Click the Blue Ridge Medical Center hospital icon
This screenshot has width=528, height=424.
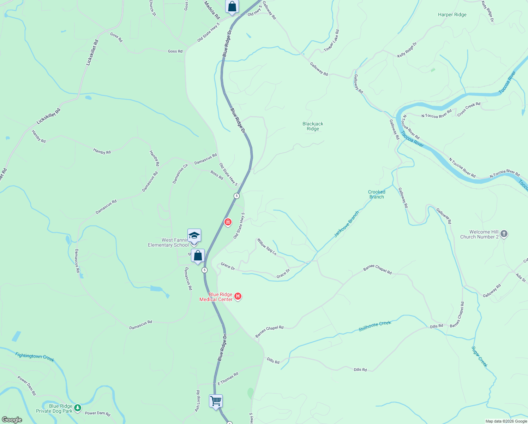pos(238,296)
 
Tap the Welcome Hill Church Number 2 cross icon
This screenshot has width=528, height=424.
pos(504,234)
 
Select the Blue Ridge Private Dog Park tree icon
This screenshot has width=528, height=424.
pos(78,408)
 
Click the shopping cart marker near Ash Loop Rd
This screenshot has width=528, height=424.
pos(216,401)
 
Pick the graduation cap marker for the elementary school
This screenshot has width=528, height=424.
pos(194,236)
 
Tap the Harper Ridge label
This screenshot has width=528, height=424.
pos(452,15)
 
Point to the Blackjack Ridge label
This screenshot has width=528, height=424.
pos(313,126)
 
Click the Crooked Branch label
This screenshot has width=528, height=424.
pos(377,194)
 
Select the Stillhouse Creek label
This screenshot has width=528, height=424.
pos(375,326)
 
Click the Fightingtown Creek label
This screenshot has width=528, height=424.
pos(35,357)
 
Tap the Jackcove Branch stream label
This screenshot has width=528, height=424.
pos(347,224)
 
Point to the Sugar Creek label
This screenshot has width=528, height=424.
pos(480,357)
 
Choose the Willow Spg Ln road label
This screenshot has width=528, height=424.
pos(267,247)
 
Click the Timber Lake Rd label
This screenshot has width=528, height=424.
pos(331,41)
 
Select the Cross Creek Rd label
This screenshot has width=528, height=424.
pos(469,109)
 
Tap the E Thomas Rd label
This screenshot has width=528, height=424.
pos(228,379)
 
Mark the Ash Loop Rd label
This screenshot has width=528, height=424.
pos(198,401)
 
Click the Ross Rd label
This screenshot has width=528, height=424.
pos(217,175)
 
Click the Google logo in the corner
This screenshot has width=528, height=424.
pos(12,420)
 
